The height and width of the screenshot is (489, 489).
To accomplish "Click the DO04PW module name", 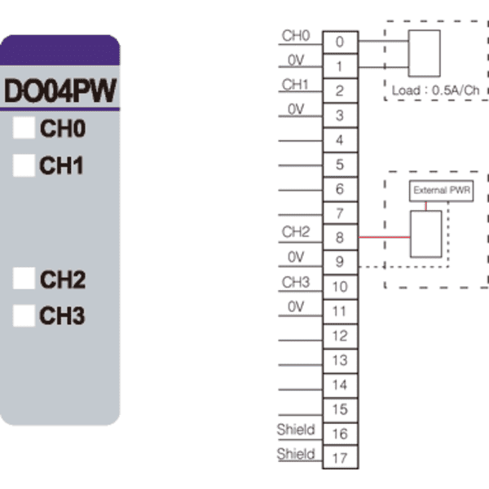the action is (x=60, y=90).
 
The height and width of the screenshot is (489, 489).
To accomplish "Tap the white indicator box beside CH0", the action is (x=24, y=128).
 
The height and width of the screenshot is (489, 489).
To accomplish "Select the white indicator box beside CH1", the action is (x=24, y=165).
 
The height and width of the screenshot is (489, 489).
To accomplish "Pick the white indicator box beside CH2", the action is (x=24, y=278).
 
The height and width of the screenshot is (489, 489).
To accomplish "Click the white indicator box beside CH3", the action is (x=24, y=315).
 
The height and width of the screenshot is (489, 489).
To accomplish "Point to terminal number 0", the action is (x=340, y=42).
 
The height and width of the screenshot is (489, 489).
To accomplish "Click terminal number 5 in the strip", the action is (x=340, y=165).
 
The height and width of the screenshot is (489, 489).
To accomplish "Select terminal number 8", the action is (x=340, y=238).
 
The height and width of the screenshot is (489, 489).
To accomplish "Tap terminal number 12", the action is (x=340, y=336).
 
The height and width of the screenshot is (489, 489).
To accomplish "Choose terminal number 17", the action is (x=340, y=458).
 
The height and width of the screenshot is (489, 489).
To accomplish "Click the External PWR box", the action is (x=441, y=191).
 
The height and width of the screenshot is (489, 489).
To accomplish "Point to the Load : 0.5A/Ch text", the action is (x=435, y=90).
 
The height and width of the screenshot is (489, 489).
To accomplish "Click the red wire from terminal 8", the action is (x=384, y=237).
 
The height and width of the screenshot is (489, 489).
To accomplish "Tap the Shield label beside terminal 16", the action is (x=296, y=430).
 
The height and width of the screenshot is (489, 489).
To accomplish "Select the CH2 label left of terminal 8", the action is (x=296, y=232).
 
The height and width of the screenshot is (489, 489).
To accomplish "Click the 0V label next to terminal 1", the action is (x=296, y=59).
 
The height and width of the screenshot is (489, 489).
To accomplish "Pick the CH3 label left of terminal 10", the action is (x=296, y=282).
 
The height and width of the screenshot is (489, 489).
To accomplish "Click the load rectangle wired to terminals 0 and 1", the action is (x=424, y=53).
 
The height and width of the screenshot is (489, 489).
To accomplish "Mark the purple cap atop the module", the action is (x=59, y=50).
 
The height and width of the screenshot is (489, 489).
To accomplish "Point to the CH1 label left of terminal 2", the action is (x=295, y=85).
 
